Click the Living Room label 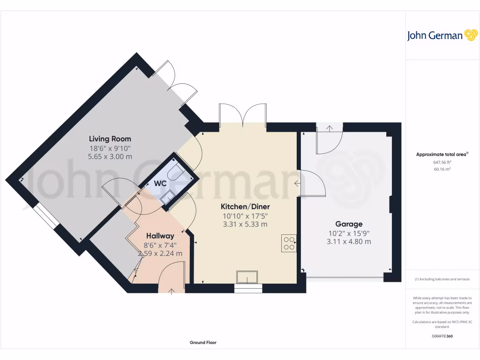[110, 139]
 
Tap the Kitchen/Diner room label [245, 206]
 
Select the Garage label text [349, 224]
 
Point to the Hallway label [160, 236]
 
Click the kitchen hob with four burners [289, 243]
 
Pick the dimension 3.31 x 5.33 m [245, 224]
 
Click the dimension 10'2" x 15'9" [349, 233]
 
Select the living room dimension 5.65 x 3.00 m [110, 157]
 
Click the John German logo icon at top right [470, 35]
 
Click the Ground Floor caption [203, 343]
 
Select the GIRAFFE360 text [442, 336]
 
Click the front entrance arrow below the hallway [171, 291]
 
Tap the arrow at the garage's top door [329, 127]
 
